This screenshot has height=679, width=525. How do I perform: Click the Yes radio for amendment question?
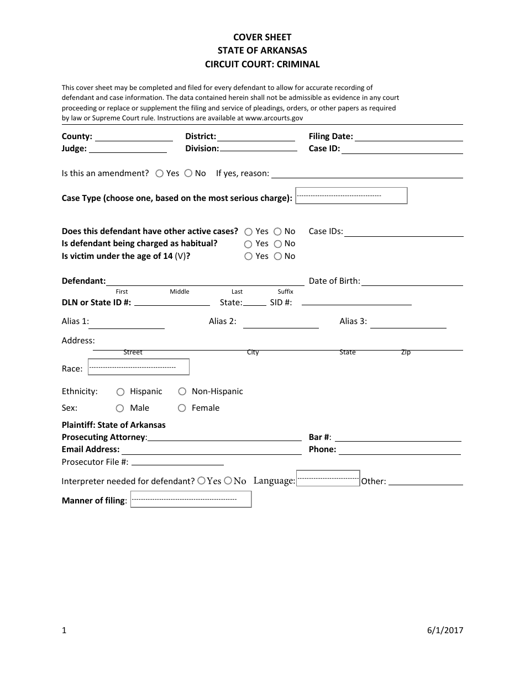tap(159, 173)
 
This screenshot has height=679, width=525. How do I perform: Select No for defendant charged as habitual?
tap(277, 244)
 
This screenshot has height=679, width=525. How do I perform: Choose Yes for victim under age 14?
tap(249, 256)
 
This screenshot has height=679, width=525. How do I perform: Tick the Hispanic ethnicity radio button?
tap(120, 392)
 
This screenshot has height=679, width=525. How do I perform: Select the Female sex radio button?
tap(182, 409)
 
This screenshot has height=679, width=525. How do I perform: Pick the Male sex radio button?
tap(120, 409)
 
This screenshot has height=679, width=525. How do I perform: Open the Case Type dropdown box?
tap(351, 196)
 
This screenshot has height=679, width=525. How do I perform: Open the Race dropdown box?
tap(139, 367)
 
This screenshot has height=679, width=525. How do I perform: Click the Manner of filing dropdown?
tap(191, 500)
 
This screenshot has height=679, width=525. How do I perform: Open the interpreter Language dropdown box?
tap(328, 478)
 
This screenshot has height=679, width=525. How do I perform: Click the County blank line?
tap(134, 137)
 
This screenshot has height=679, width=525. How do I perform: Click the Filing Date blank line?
tap(409, 137)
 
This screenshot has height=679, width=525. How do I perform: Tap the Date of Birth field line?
tap(412, 282)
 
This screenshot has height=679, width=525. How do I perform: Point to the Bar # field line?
tap(398, 438)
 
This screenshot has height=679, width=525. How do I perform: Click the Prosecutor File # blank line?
tap(177, 462)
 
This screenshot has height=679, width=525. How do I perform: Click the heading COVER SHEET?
tap(262, 38)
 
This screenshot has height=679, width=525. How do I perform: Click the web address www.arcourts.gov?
tap(274, 118)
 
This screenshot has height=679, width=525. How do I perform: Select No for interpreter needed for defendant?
tap(228, 481)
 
